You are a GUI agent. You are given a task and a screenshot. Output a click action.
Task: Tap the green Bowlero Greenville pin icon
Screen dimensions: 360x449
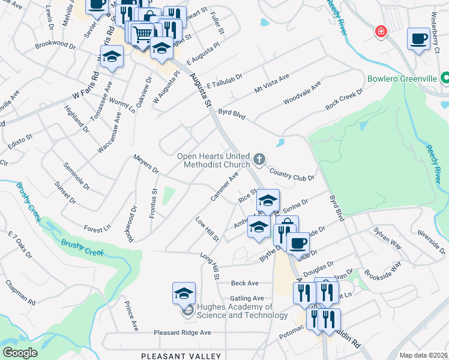pyautogui.click(x=445, y=78)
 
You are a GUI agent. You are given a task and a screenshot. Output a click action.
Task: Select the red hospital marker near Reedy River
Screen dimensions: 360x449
pyautogui.click(x=380, y=31)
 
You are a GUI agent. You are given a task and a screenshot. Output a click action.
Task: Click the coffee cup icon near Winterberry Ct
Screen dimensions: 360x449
pyautogui.click(x=419, y=39)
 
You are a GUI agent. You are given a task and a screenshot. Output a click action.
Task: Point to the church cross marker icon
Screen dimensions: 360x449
pyautogui.click(x=259, y=159)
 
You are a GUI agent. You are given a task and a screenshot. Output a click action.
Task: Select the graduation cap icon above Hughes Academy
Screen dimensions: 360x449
pyautogui.click(x=184, y=293)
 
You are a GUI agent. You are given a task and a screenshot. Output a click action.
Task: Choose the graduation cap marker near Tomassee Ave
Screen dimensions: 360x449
pyautogui.click(x=110, y=58)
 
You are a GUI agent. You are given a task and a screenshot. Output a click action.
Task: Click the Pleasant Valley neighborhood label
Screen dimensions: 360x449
pyautogui.click(x=181, y=356)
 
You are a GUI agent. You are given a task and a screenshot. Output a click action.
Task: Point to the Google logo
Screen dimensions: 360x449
pyautogui.click(x=20, y=353)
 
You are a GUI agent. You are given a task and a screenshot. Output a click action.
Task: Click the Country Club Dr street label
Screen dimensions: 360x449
pyautogui.click(x=292, y=175)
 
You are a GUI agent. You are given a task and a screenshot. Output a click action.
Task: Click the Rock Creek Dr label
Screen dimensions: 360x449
pyautogui.click(x=344, y=100)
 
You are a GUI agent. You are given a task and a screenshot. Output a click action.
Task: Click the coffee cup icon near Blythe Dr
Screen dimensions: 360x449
pyautogui.click(x=298, y=242)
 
